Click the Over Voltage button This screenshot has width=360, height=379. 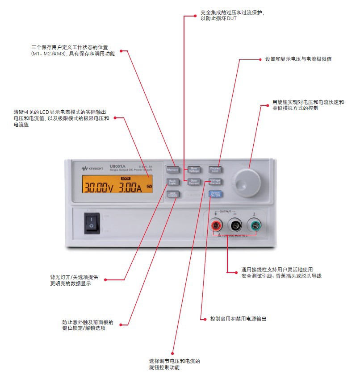pos(194,170)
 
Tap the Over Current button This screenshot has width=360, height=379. pos(194,182)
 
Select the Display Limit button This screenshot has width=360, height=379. pos(215,170)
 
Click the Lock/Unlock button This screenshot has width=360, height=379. pos(173,194)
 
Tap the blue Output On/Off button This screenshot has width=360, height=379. pos(215,194)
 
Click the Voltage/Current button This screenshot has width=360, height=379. pos(215,182)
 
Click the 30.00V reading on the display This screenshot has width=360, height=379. pos(99,187)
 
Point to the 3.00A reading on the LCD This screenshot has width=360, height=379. pos(130,187)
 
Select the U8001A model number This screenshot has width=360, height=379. pos(117,167)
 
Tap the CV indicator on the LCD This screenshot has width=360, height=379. pos(149,186)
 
